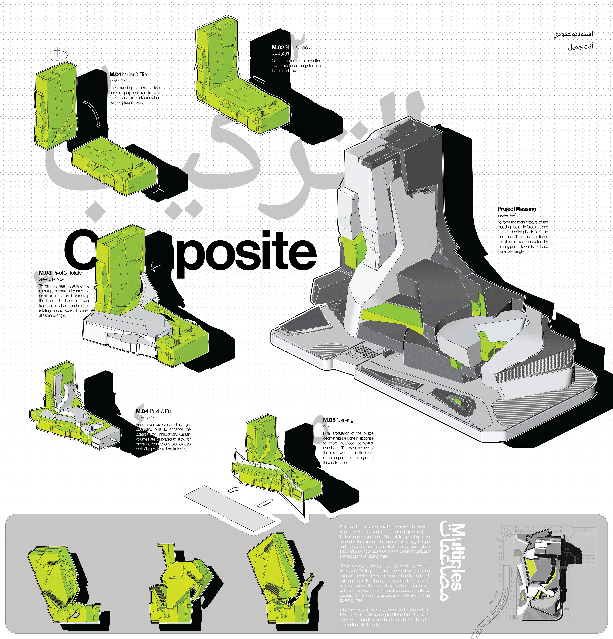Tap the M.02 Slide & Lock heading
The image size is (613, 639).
(x=291, y=48)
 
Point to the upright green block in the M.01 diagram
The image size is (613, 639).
(x=56, y=104)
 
